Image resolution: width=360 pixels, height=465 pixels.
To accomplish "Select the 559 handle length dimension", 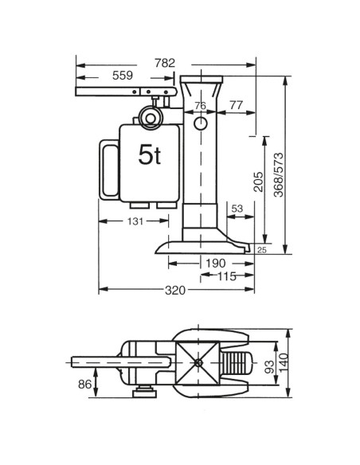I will [x=123, y=76].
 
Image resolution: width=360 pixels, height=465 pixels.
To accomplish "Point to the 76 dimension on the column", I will [x=200, y=106].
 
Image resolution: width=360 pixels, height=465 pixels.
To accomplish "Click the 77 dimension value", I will [x=236, y=106].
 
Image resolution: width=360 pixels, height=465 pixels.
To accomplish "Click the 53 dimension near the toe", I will [x=237, y=209].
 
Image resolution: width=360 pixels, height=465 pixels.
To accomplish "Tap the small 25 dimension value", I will [x=262, y=251].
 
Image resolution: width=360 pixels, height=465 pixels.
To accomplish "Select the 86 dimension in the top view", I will [x=84, y=384].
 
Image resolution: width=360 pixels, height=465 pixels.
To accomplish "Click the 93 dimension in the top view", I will [x=268, y=367].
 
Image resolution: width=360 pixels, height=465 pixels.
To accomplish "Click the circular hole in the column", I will [x=200, y=126].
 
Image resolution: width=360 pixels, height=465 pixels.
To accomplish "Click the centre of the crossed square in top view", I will [x=198, y=362].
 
